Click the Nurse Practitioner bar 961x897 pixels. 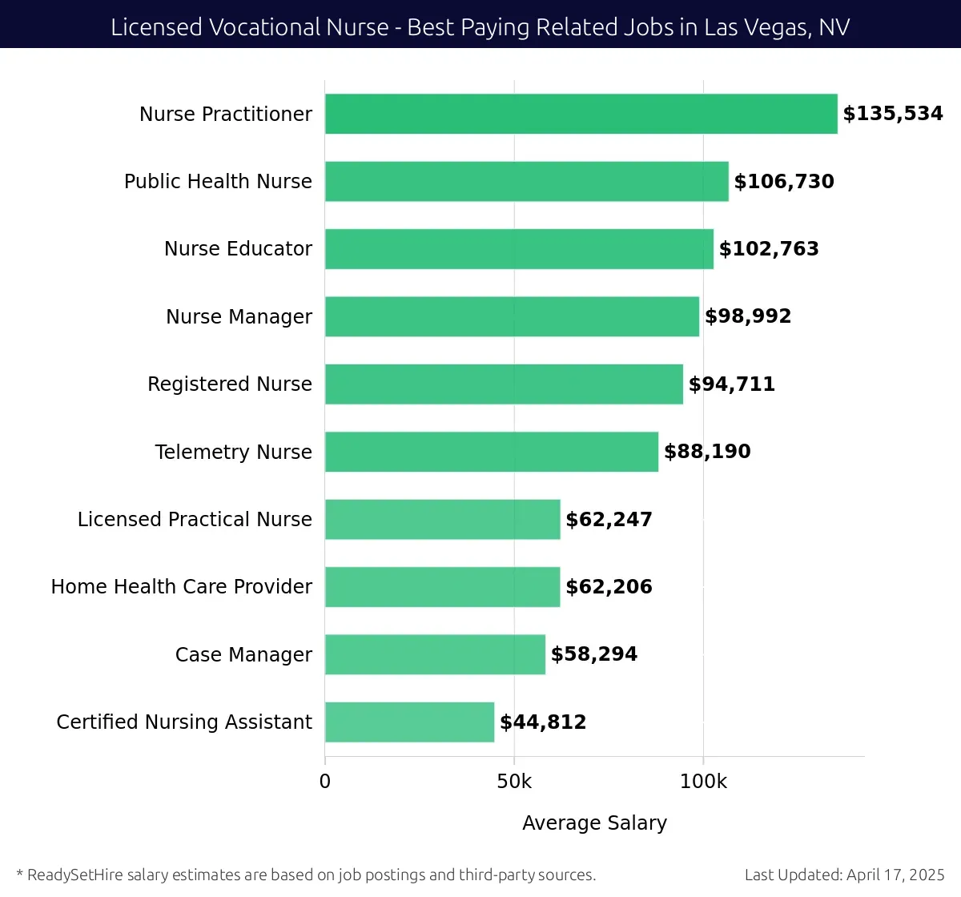[x=581, y=114]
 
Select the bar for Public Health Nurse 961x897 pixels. [x=526, y=182]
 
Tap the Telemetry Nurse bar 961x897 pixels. [x=491, y=452]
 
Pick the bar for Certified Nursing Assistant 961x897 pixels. [x=409, y=722]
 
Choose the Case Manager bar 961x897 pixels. [x=435, y=654]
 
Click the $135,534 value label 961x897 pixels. [x=892, y=114]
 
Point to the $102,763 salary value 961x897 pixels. [x=769, y=249]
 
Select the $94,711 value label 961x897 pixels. [x=731, y=384]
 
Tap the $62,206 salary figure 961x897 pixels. [x=609, y=587]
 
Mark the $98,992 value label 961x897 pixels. [x=747, y=316]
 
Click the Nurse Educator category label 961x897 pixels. [x=238, y=249]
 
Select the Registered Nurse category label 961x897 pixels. [x=229, y=384]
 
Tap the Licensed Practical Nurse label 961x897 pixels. [x=195, y=520]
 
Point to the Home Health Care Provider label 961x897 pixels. [x=181, y=587]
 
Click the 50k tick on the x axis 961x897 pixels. [x=514, y=782]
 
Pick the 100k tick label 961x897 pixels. [x=703, y=782]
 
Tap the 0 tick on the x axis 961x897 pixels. [x=325, y=782]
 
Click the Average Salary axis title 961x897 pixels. [x=594, y=823]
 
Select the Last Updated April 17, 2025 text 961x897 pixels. [x=844, y=875]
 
